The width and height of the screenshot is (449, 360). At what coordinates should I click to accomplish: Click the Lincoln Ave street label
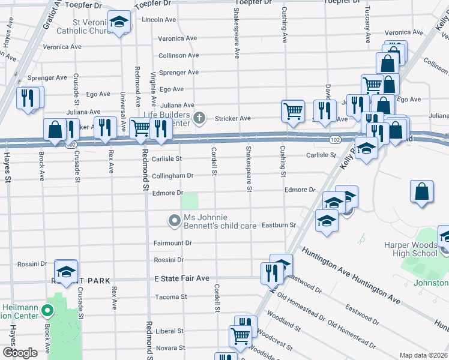pyautogui.click(x=158, y=20)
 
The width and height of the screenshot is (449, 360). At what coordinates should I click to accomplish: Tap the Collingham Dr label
pyautogui.click(x=172, y=176)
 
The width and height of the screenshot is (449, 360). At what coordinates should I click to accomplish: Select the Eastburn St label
pyautogui.click(x=279, y=225)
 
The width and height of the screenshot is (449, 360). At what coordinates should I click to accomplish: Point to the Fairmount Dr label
pyautogui.click(x=172, y=244)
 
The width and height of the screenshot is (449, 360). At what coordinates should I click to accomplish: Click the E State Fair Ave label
pyautogui.click(x=181, y=278)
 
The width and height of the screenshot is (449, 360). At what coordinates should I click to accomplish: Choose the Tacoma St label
pyautogui.click(x=170, y=296)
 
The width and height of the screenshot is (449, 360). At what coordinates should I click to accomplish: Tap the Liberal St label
pyautogui.click(x=169, y=331)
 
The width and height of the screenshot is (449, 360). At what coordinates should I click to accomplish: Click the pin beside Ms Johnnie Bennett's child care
pyautogui.click(x=175, y=221)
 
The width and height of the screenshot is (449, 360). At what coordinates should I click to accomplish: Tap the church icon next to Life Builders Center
pyautogui.click(x=202, y=118)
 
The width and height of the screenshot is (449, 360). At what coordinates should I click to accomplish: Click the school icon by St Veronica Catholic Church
pyautogui.click(x=119, y=23)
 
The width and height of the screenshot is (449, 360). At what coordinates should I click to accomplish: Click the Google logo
pyautogui.click(x=20, y=353)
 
